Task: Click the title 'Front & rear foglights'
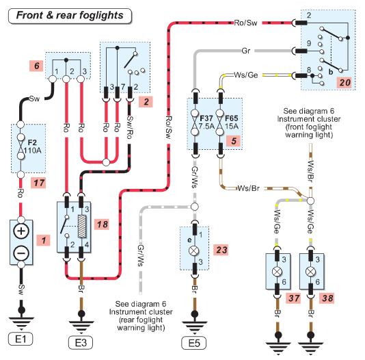70,16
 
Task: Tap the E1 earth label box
21,339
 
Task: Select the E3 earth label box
81,343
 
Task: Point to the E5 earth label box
194,343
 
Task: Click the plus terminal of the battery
21,231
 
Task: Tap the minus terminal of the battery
21,253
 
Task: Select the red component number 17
39,183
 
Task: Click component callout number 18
102,224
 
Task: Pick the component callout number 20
344,83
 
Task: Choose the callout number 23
221,250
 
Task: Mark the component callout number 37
293,298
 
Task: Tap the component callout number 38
327,298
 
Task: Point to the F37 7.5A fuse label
206,122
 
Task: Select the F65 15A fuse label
231,122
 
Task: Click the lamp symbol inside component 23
193,251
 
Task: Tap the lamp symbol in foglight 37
277,272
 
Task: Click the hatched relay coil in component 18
82,227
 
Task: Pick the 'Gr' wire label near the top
246,51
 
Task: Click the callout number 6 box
37,66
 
